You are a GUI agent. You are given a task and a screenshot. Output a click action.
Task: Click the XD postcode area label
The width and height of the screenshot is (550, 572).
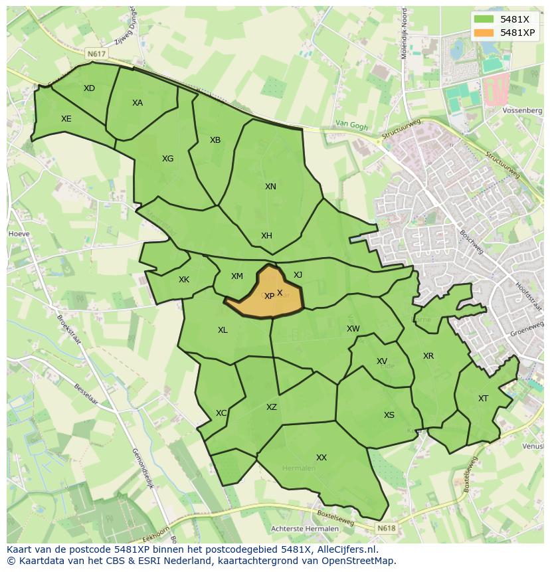click(89, 88)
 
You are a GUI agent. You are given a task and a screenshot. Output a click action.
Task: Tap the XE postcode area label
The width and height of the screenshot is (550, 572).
click(66, 119)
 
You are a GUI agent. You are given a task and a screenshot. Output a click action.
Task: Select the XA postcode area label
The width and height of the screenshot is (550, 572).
click(137, 103)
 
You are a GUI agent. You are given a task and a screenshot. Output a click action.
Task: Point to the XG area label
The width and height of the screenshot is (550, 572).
click(167, 159)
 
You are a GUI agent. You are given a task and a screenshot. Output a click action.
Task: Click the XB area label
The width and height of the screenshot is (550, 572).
click(215, 140)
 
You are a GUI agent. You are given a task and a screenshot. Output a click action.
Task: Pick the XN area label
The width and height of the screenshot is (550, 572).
click(270, 187)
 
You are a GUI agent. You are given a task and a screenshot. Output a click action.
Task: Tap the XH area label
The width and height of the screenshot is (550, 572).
click(266, 236)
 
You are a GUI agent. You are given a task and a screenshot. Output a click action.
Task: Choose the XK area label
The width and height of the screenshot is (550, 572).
click(184, 280)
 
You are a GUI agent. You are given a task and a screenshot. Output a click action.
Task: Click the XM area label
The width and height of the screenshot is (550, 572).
click(237, 276)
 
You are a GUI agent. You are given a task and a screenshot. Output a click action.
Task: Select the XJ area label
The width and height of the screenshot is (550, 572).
click(298, 275)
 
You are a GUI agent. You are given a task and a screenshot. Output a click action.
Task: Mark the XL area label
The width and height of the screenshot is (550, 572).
click(223, 330)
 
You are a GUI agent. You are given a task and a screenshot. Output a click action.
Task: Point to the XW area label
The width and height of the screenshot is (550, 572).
click(353, 329)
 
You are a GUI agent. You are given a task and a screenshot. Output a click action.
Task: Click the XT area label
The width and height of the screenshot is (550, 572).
click(483, 399)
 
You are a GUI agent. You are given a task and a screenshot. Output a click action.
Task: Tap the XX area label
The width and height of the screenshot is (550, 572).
click(321, 458)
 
